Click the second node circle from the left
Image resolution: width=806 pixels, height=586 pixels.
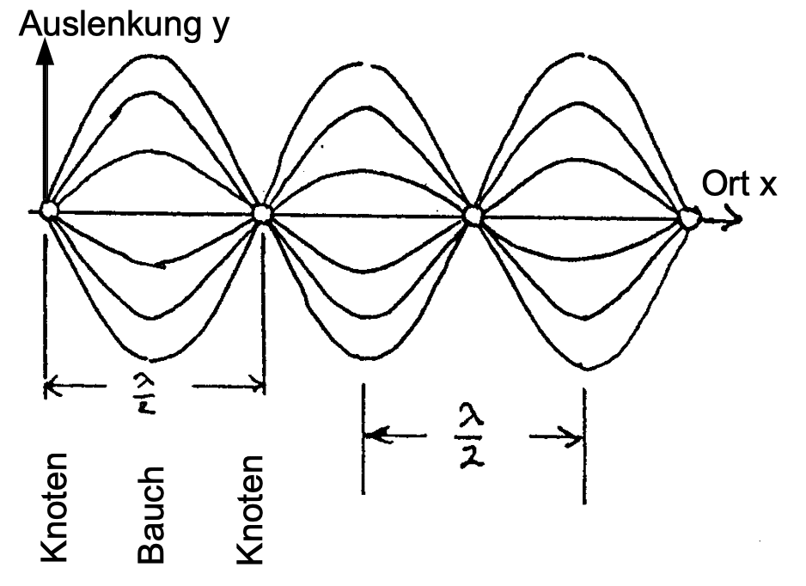click(261, 212)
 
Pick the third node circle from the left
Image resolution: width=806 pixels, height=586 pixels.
click(473, 215)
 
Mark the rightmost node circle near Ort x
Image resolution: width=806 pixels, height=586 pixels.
click(687, 218)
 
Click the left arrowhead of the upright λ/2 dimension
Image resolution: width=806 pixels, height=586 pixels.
click(372, 436)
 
